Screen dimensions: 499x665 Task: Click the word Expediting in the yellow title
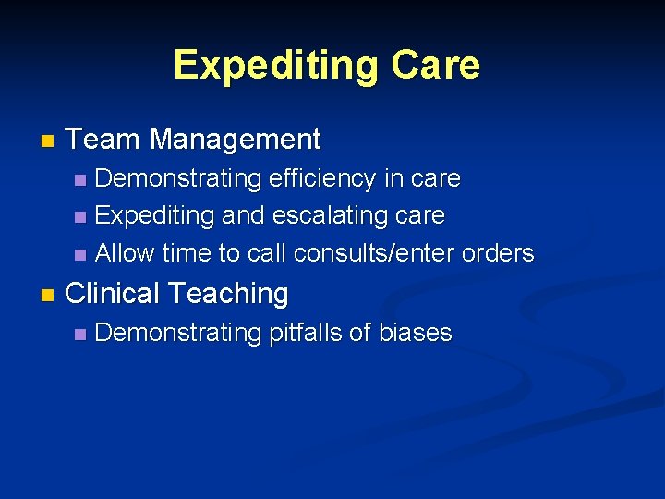tap(276, 66)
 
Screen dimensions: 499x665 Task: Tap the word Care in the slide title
tap(435, 66)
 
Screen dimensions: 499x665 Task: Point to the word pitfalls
tap(305, 333)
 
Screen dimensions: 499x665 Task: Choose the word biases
tap(416, 333)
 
